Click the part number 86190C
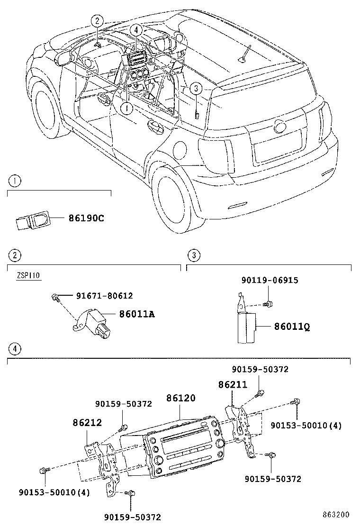[86, 218]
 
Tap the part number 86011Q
[292, 327]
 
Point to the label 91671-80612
[104, 296]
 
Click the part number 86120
[180, 399]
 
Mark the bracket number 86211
[233, 385]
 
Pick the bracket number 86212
[87, 422]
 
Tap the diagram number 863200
[336, 514]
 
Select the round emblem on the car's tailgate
[280, 126]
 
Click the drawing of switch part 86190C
[33, 219]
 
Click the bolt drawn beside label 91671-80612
[55, 297]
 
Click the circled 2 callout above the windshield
[97, 20]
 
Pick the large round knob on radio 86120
[220, 443]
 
